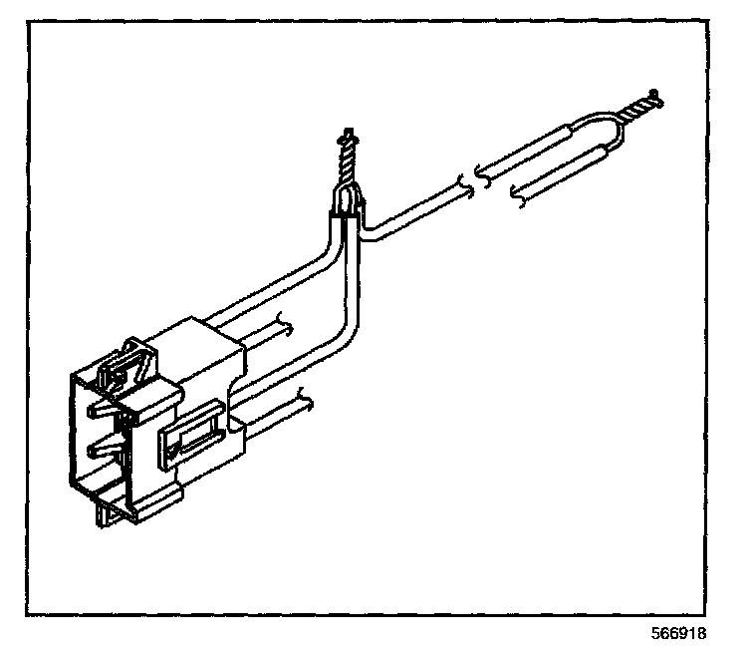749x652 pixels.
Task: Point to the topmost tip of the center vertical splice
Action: pyautogui.click(x=347, y=131)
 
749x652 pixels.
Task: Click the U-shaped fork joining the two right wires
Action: pyautogui.click(x=610, y=129)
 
